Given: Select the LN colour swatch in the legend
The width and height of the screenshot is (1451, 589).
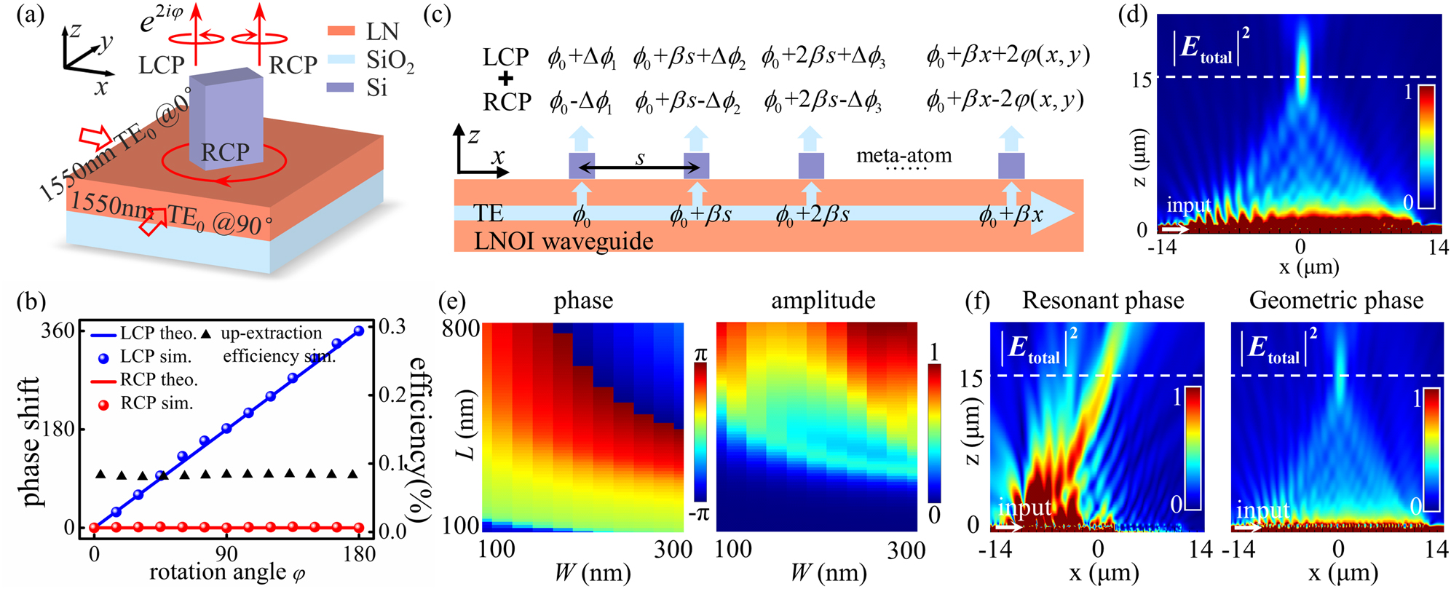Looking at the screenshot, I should click(x=341, y=31).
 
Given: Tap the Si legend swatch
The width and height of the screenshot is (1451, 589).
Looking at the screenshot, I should click(x=341, y=87).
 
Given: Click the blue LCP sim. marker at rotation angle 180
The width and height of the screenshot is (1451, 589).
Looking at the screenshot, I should click(x=358, y=331).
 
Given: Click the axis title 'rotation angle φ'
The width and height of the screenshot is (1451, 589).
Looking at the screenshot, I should click(x=227, y=573).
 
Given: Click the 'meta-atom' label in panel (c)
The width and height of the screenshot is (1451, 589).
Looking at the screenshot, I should click(x=904, y=155).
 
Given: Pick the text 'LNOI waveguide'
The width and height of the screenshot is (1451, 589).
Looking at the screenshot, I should click(x=564, y=241).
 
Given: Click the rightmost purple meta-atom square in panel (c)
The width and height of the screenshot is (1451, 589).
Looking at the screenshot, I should click(x=1011, y=166).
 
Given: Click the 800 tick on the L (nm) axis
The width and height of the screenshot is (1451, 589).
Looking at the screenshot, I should click(x=461, y=328).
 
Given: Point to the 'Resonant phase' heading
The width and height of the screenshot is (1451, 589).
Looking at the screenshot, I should click(x=1102, y=301).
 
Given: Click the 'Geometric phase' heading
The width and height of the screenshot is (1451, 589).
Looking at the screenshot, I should click(x=1336, y=301).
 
